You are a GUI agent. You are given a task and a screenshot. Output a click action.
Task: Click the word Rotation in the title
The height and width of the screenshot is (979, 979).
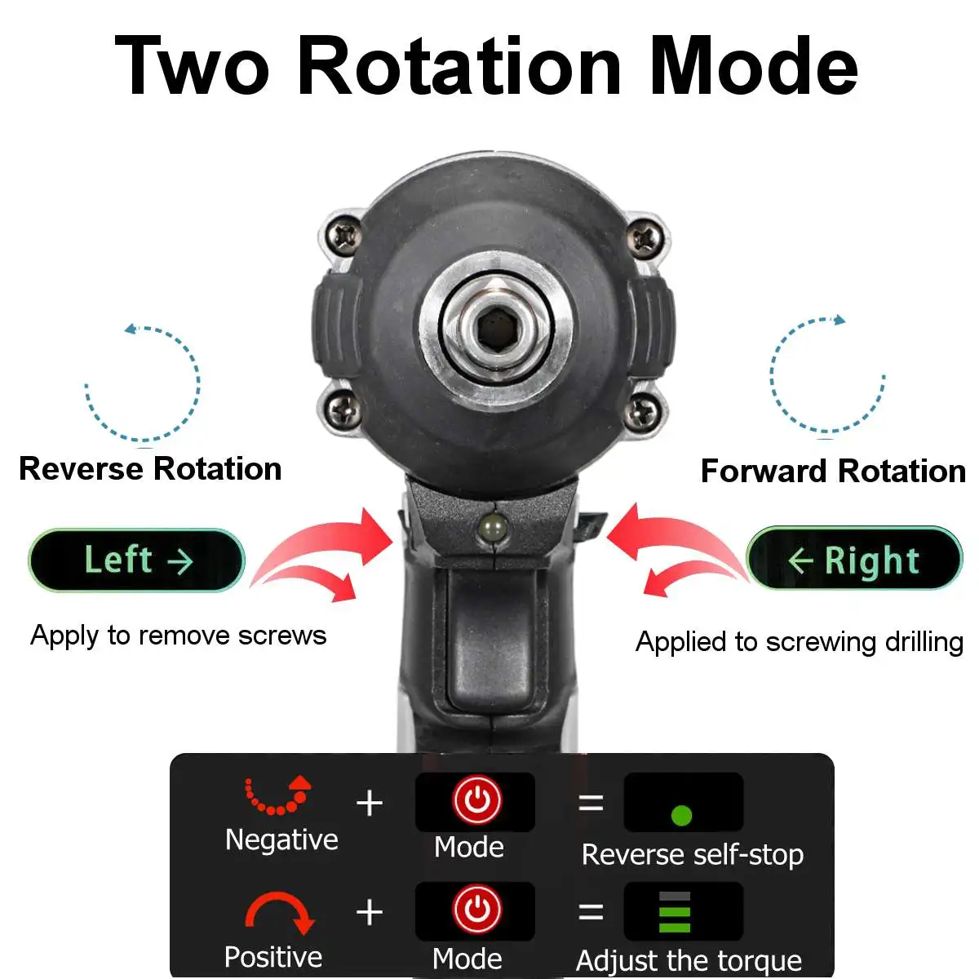460,67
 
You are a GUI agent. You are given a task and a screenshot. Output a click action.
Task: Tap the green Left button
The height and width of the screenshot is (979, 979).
137,560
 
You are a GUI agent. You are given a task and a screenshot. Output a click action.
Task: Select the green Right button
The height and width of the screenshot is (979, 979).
854,560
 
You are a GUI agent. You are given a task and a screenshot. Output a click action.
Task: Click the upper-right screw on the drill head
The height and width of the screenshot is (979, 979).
645,238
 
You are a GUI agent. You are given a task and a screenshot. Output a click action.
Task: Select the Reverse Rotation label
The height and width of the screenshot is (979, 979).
150,469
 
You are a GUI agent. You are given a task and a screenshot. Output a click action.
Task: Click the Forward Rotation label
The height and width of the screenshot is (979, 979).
833,472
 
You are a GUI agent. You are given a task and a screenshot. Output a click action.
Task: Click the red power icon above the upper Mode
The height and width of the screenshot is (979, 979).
476,800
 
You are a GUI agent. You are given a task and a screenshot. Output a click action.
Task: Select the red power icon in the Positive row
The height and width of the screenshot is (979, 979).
476,910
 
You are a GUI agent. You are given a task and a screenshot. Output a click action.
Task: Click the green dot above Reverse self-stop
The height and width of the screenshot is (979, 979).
681,814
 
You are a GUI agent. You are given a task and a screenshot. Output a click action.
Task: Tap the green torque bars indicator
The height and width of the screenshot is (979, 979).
675,912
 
